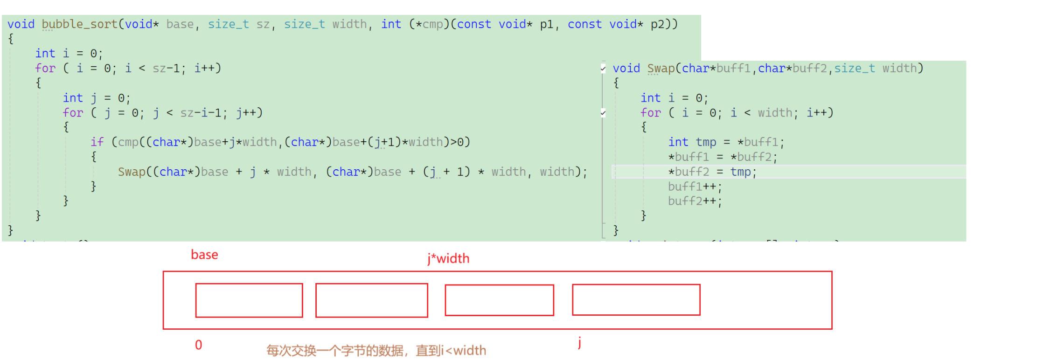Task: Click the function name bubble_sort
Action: point(79,24)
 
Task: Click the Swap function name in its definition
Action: point(661,69)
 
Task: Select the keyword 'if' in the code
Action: point(97,142)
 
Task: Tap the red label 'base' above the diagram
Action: point(204,255)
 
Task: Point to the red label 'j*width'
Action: point(448,258)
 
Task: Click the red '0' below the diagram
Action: point(199,345)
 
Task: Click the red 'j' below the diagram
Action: point(579,343)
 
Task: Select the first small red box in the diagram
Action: point(249,300)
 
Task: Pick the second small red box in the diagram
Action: point(371,300)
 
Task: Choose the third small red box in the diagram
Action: point(499,300)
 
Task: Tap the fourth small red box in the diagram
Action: point(636,300)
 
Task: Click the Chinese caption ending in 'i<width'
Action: point(376,351)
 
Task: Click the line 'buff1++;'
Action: point(695,187)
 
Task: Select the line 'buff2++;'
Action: point(695,201)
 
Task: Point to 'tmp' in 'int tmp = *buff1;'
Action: point(706,142)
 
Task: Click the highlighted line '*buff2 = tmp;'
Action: point(712,172)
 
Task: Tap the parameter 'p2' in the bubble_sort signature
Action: point(657,24)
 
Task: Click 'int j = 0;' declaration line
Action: point(97,98)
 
